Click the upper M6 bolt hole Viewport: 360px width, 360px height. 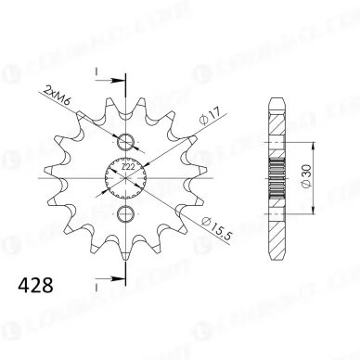pos(125,142)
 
